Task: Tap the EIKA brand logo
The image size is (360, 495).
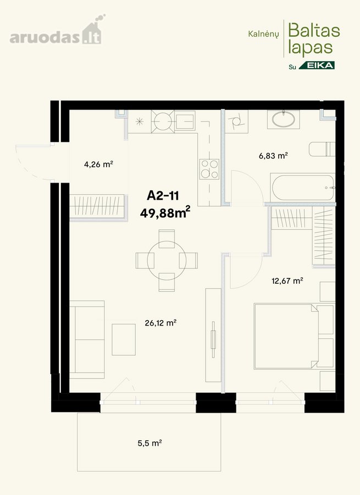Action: [x=317, y=65]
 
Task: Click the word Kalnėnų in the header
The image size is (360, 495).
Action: [x=263, y=34]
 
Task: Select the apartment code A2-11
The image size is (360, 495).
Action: [x=163, y=196]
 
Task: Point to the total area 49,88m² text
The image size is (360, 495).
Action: [x=165, y=212]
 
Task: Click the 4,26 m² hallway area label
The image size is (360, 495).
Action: [x=98, y=164]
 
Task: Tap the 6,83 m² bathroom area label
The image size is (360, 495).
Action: [x=273, y=155]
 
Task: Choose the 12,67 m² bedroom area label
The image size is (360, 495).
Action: [x=287, y=280]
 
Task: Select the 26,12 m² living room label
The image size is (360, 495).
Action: [x=160, y=323]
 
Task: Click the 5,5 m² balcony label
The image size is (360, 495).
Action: [x=149, y=443]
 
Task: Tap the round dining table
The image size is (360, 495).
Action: [x=167, y=260]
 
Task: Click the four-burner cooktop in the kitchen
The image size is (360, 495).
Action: [x=209, y=169]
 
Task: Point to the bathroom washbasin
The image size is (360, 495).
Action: [x=284, y=119]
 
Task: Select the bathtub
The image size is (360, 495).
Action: [x=303, y=188]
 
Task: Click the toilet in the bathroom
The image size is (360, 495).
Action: [x=322, y=149]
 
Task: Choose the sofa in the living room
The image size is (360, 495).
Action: [x=87, y=340]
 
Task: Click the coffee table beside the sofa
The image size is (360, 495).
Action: [x=124, y=339]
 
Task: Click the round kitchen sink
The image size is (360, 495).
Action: [x=163, y=121]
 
